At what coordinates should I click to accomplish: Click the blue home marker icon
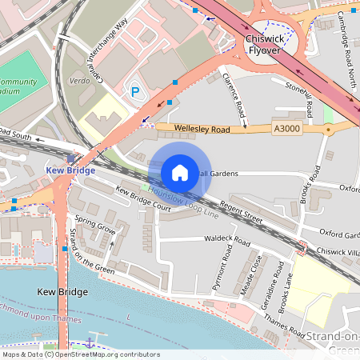pyautogui.click(x=180, y=172)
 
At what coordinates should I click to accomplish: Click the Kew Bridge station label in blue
pyautogui.click(x=70, y=170)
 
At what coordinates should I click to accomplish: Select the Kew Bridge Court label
pyautogui.click(x=143, y=199)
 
